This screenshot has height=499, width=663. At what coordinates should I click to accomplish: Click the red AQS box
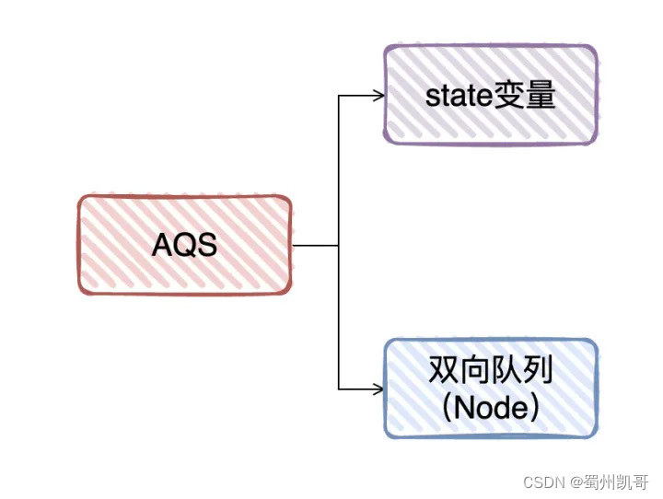[x=185, y=245]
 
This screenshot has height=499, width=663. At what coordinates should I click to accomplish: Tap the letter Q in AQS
[x=185, y=246]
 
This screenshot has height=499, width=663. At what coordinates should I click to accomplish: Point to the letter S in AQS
[x=206, y=246]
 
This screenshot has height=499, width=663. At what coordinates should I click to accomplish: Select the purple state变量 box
[x=490, y=94]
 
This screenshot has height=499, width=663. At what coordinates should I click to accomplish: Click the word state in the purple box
[x=458, y=95]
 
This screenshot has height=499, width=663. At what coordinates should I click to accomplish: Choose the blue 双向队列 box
[x=490, y=388]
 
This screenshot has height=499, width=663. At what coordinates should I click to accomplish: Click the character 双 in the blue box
[x=444, y=370]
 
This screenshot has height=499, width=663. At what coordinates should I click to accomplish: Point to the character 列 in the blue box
[x=538, y=370]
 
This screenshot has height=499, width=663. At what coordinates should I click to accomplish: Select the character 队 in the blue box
[x=506, y=370]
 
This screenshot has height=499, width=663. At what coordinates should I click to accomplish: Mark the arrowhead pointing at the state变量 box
[x=378, y=95]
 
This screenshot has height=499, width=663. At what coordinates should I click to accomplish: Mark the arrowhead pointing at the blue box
[x=378, y=389]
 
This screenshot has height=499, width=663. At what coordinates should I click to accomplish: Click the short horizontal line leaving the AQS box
[x=315, y=246]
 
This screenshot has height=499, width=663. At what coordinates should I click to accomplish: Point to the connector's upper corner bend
[x=339, y=95]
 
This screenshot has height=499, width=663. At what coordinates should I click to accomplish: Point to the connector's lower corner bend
[x=339, y=389]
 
